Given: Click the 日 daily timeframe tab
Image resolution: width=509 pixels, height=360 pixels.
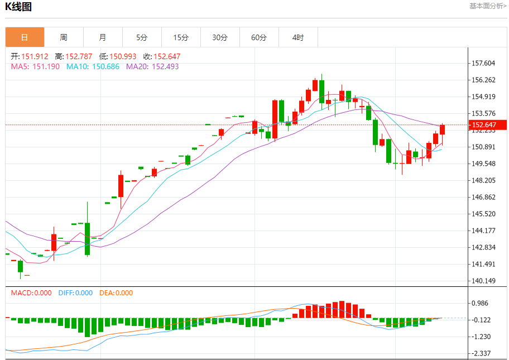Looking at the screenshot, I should click(25, 37).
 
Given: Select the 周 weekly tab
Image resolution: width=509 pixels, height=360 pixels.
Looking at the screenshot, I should click(64, 37).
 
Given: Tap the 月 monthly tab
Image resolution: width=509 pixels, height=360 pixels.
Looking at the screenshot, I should click(103, 37).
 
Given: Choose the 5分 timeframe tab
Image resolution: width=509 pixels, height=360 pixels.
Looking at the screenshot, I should click(142, 37).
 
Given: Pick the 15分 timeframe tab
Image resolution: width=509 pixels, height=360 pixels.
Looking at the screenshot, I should click(181, 37).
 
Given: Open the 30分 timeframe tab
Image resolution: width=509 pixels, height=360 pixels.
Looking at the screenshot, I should click(220, 37).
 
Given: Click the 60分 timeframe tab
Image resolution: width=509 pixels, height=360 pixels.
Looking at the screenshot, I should click(259, 37).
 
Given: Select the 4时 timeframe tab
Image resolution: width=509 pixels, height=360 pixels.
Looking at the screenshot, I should click(298, 37).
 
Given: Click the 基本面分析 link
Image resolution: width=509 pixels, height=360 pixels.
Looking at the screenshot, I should click(488, 6).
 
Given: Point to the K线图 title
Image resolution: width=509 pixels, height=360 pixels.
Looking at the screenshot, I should click(18, 7).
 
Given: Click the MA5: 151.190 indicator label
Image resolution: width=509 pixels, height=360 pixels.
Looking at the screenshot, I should click(35, 66).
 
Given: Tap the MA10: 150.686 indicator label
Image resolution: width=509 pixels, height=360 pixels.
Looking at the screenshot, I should click(93, 66).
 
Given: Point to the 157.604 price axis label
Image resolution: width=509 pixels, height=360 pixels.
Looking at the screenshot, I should click(483, 63).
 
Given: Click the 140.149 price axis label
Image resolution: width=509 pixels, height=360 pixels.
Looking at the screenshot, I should click(483, 281).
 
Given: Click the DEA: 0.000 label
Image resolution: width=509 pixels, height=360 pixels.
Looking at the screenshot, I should click(116, 293).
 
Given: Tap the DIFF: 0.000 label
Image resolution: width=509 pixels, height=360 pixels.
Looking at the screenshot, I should click(75, 293).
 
